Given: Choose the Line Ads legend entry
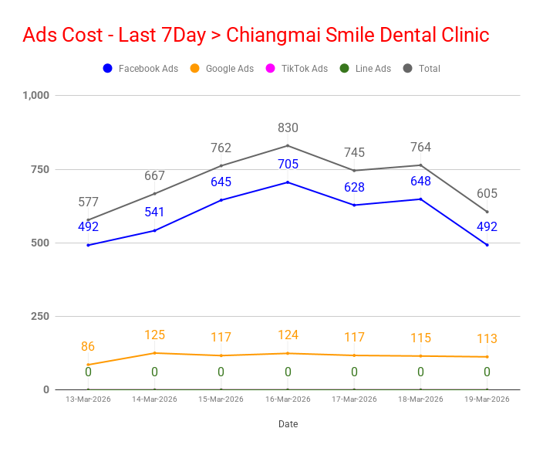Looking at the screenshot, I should pos(366,69).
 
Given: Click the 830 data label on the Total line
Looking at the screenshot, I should pos(288,128).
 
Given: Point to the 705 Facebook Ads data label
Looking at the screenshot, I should pos(288,164).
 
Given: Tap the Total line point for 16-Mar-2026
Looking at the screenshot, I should pos(288,146).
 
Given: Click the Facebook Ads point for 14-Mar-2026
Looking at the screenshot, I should pos(154,230).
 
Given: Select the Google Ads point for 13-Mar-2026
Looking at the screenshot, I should pos(88,365).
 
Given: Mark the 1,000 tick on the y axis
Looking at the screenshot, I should pos(36,95).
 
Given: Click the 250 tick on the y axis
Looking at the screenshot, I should pos(40,316).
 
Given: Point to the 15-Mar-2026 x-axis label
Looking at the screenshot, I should pos(221,399).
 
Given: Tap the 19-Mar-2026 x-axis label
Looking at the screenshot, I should pos(487,399).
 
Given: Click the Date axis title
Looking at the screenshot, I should pos(288,424).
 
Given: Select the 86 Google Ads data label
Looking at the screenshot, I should pos(88,347).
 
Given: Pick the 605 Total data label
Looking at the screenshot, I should pos(487,194).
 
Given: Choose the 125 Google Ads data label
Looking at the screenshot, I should pos(154,335).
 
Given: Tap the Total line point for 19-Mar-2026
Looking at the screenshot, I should pos(487,212).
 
